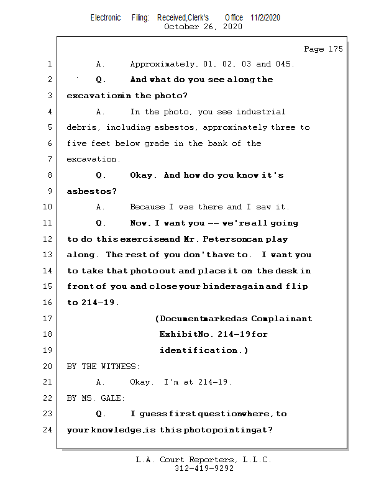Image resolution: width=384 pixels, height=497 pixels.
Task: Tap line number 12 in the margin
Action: pos(49,239)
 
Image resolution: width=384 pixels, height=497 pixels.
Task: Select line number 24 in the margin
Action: pos(49,430)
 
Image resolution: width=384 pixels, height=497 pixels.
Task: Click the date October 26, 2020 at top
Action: pos(203,27)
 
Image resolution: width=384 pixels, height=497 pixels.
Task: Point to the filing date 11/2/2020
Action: pos(265,17)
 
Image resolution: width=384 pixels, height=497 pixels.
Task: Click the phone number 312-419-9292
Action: pos(204,469)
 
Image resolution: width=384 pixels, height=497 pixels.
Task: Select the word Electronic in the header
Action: pos(106,17)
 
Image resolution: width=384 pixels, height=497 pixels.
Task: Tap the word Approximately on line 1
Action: pos(163,64)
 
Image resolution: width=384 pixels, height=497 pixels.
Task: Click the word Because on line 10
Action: pos(149,207)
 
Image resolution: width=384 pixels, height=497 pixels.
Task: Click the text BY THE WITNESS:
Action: pos(103,367)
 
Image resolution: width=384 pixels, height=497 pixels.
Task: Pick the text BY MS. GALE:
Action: pos(96,398)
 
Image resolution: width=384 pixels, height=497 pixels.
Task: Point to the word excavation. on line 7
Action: pos(93,160)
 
